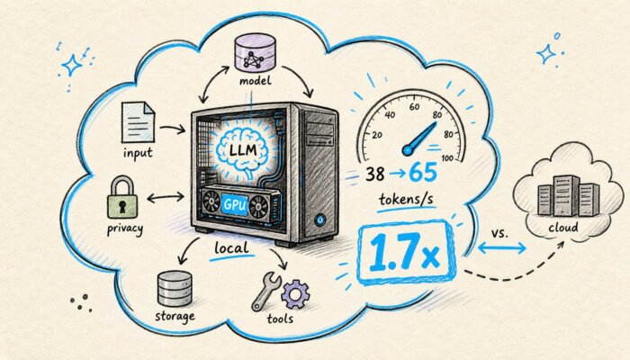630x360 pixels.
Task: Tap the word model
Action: pos(255,81)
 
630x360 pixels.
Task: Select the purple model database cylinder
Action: pos(255,52)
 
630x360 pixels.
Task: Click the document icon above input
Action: pos(138,122)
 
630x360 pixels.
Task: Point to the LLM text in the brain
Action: pos(243,150)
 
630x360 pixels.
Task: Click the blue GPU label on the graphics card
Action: pos(235,204)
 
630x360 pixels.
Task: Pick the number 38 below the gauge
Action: pos(375,174)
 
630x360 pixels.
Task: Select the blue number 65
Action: pos(423,173)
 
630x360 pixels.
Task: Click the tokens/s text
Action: pos(406,199)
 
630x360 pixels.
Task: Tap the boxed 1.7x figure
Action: pos(406,252)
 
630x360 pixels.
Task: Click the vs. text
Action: pos(499,233)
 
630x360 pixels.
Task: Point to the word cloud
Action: pos(563,228)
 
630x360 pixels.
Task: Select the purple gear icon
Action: pos(295,294)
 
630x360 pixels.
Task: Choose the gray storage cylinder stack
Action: pos(175,289)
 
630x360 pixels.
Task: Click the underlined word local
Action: pos(231,247)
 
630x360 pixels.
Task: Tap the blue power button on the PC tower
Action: pos(319,220)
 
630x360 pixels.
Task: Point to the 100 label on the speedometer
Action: pos(447,158)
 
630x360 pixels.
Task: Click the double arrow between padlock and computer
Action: pos(166,197)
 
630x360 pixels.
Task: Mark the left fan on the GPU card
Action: pos(211,202)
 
